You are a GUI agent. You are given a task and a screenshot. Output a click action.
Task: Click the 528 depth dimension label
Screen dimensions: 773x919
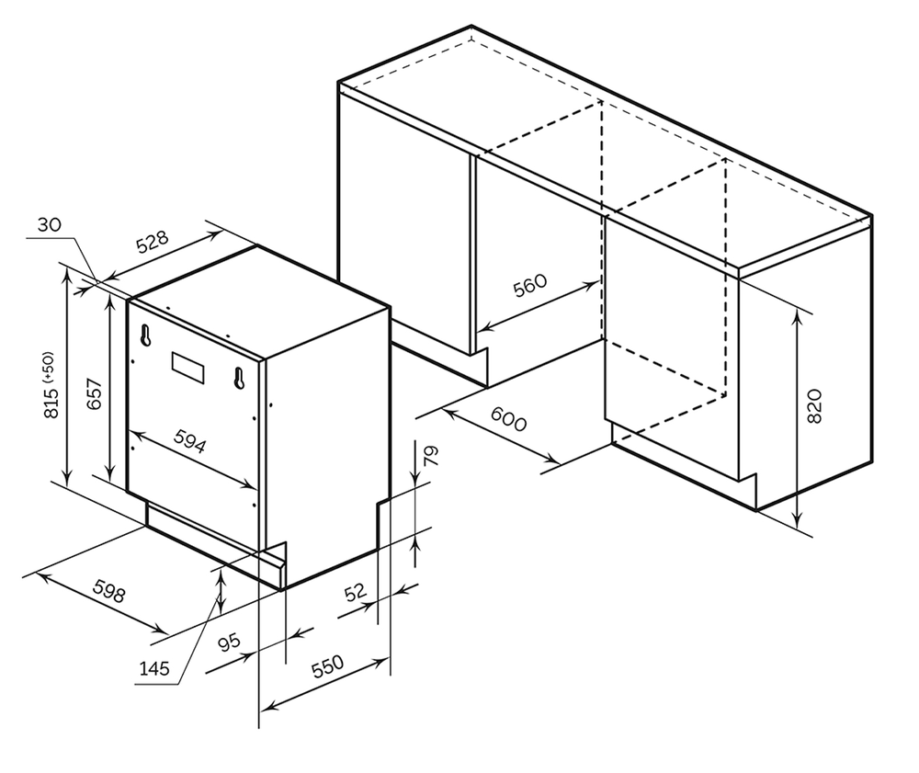[153, 242]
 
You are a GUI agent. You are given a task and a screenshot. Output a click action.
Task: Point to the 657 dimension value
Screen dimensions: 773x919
[92, 394]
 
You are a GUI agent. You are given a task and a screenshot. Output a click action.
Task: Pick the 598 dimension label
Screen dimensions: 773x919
[108, 592]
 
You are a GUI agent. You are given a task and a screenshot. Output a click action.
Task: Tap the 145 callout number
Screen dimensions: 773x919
[154, 669]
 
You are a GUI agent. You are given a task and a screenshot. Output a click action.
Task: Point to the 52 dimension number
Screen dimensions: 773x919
[355, 593]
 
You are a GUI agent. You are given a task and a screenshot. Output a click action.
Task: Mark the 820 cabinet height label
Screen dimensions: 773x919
[813, 405]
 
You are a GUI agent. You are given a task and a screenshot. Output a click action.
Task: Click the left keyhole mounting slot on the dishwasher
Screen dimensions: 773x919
[145, 335]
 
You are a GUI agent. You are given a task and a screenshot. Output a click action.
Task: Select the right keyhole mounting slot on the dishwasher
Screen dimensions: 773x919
[239, 378]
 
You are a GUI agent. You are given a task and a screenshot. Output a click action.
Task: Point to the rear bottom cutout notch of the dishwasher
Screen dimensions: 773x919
[384, 524]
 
